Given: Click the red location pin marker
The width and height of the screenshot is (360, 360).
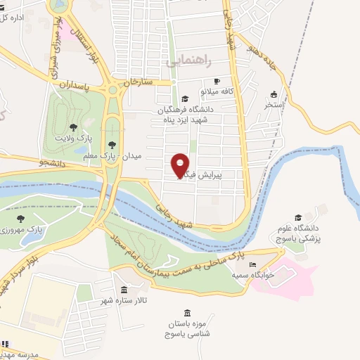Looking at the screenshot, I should [x=180, y=165].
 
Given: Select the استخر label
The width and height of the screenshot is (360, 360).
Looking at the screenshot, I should [x=273, y=105].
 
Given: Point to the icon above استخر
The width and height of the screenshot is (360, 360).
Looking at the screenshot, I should [x=274, y=95].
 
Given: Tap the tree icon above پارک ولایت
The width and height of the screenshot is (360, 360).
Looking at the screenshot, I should [x=73, y=127].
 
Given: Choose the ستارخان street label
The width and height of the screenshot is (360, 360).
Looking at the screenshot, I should [x=137, y=82].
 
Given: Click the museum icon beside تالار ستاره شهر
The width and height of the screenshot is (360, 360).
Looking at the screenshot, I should [x=124, y=290].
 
